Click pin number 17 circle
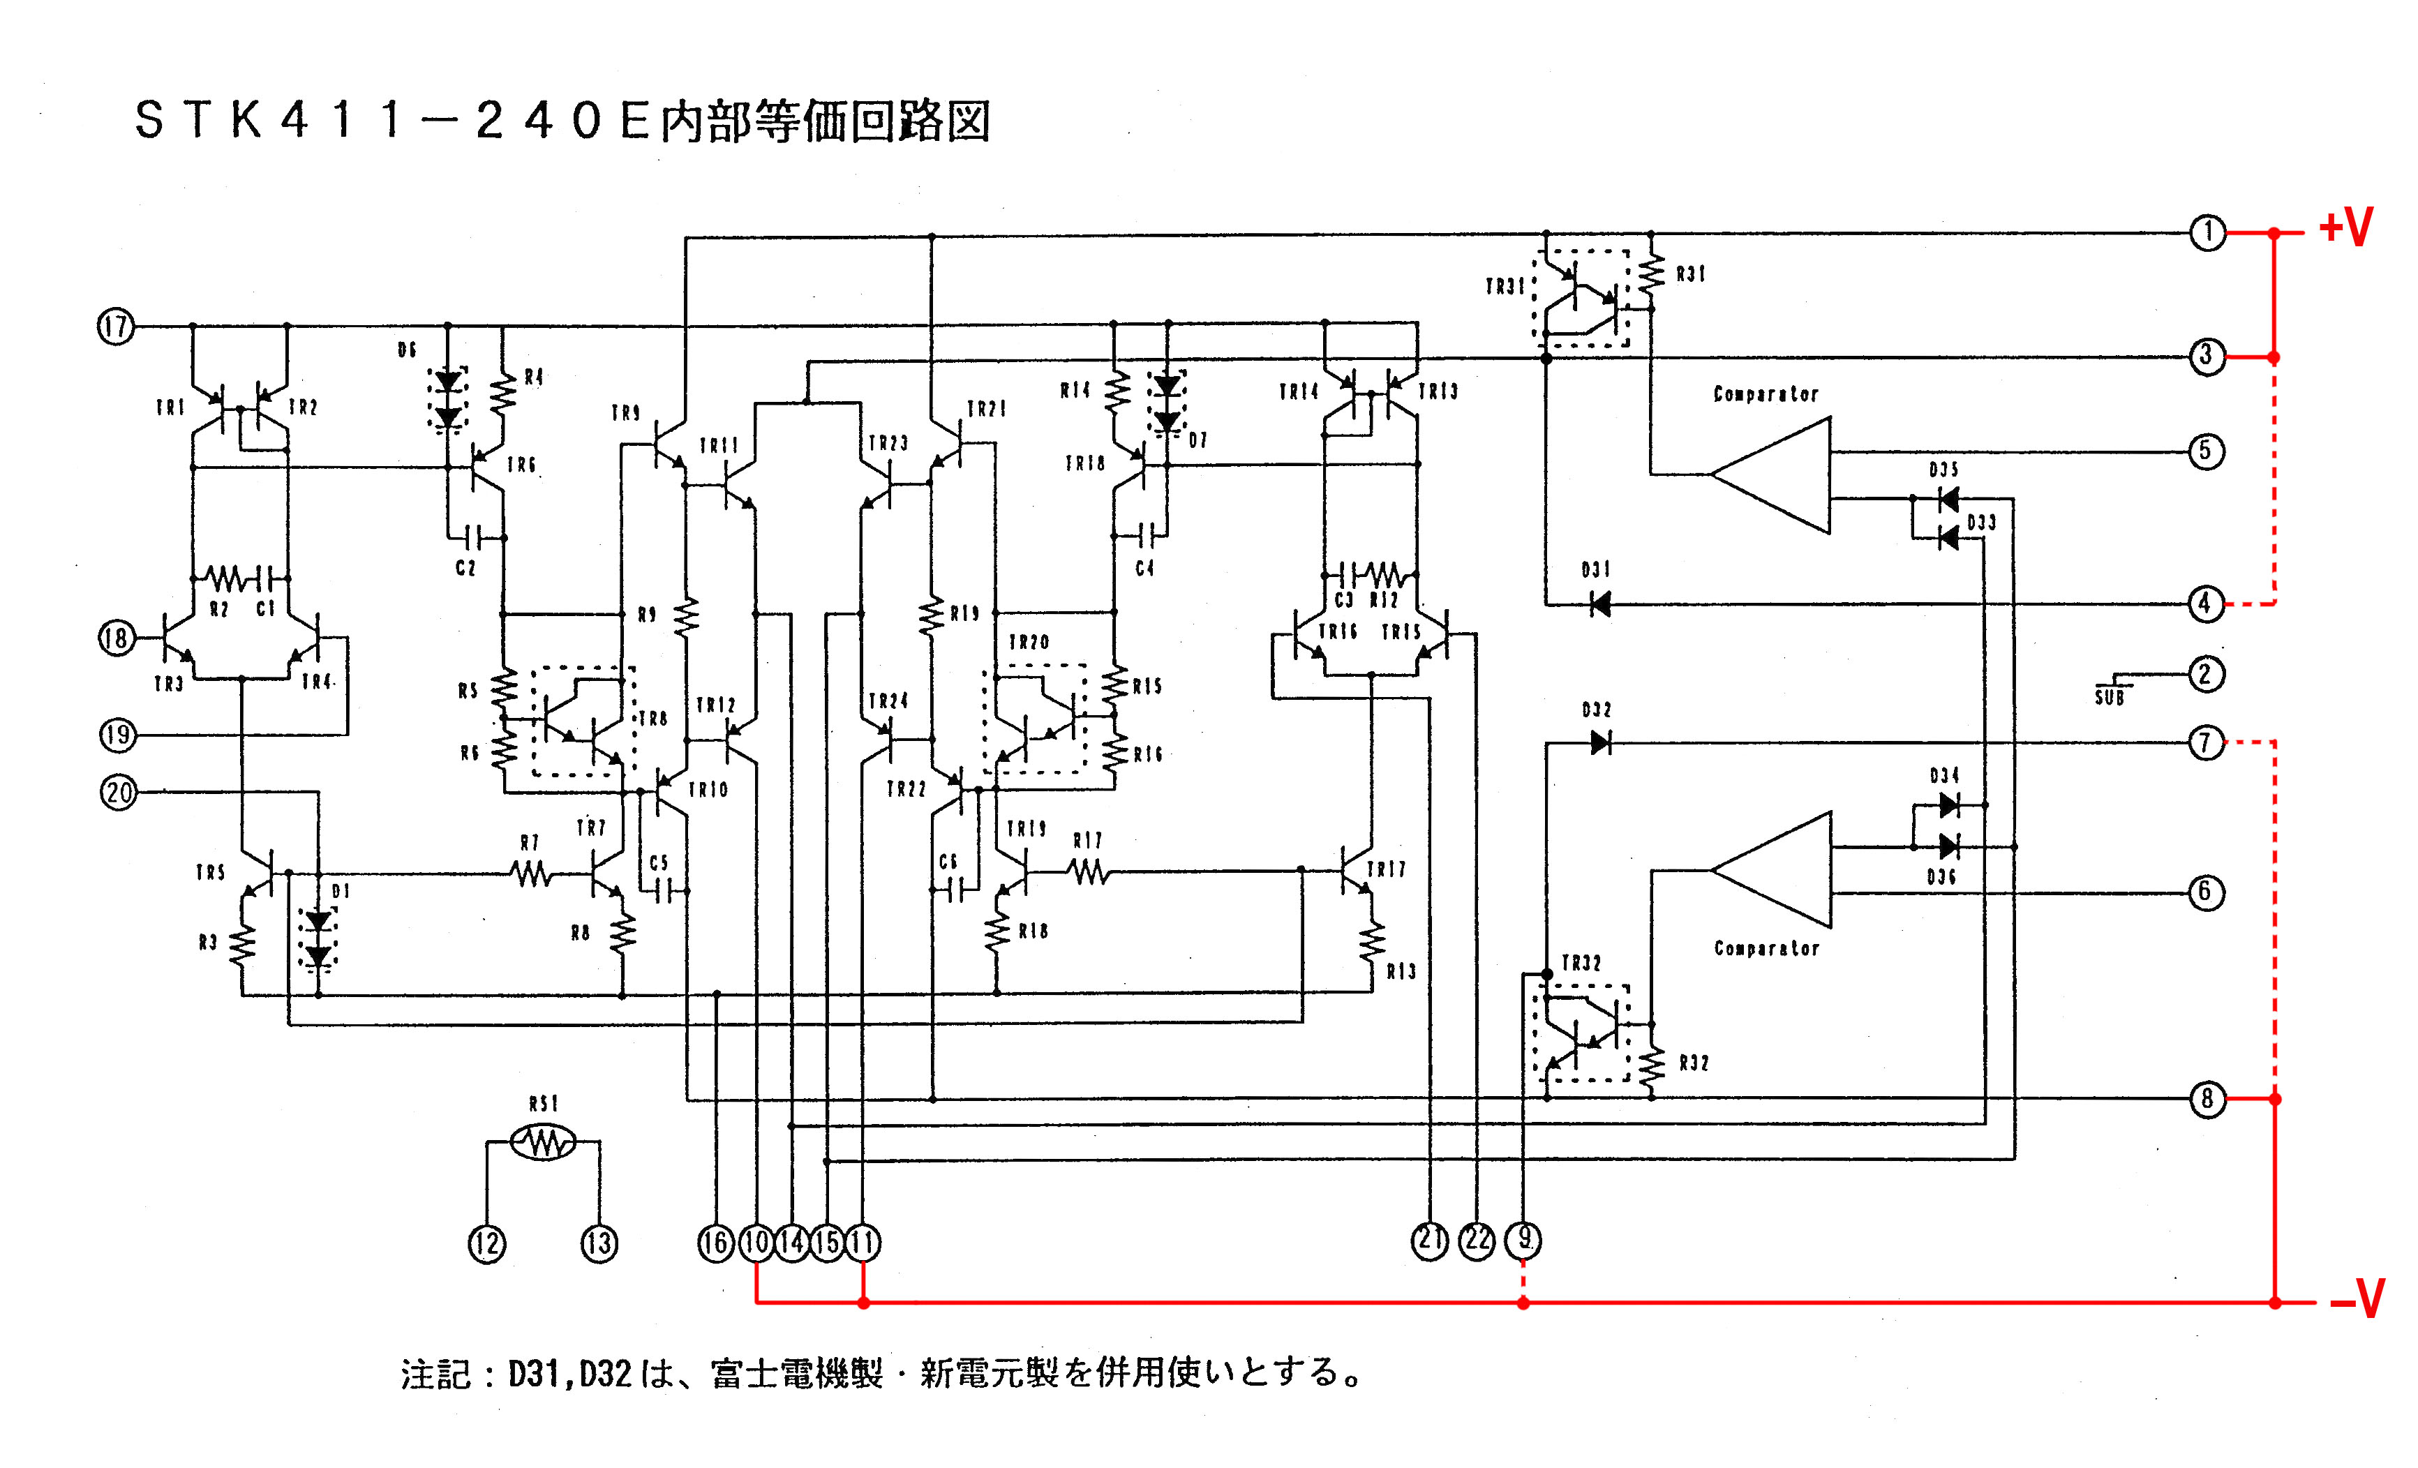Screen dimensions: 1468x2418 coord(116,326)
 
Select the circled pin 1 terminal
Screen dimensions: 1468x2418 coord(2207,234)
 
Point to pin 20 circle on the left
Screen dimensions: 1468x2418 coord(119,792)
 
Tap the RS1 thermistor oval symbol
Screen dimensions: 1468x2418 coord(543,1141)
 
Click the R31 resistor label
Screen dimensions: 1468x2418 coord(1691,275)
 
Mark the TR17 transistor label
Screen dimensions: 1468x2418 coord(1387,869)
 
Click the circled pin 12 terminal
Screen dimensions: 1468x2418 coord(487,1243)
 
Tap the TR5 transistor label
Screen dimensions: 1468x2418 coord(210,872)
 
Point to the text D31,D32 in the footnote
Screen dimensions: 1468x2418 coord(569,1374)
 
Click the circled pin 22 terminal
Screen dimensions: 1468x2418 coord(1477,1241)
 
